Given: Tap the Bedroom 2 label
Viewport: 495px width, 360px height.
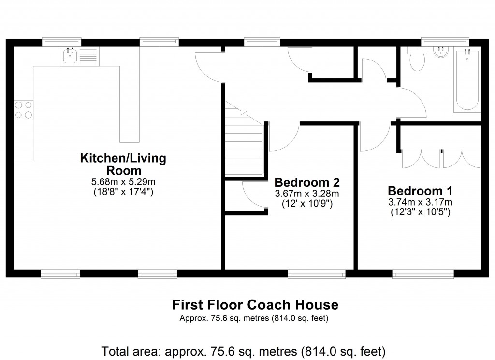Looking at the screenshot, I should point(307,182).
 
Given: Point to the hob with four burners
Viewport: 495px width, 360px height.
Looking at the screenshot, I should point(23,110).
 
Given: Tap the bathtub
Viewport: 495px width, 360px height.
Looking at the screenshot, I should point(467,80).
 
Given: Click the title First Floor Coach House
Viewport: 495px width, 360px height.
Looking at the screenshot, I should point(255,305).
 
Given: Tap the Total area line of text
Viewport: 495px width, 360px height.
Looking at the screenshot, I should point(243,350).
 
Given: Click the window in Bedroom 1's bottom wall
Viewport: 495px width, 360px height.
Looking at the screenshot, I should point(423,274).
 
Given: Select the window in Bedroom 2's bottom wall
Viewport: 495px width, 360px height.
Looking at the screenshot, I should point(317,274).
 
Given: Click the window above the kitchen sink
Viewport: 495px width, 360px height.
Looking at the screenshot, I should point(61,42).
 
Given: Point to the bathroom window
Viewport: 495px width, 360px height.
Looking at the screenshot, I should point(445,42).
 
